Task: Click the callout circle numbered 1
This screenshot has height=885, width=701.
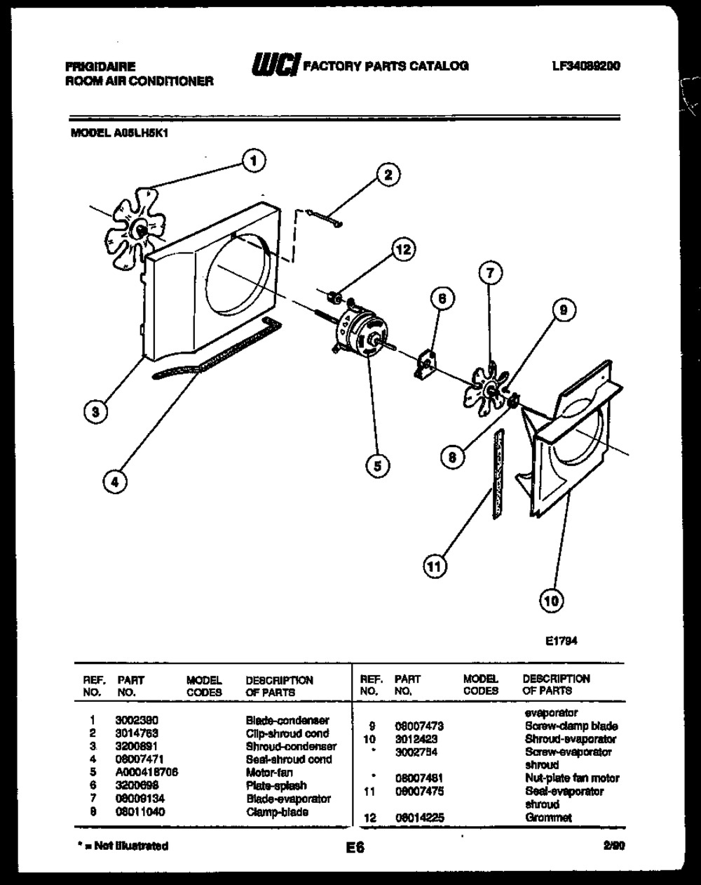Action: tap(253, 161)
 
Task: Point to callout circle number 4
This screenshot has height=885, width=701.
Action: tap(116, 481)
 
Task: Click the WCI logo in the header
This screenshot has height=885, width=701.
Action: tap(275, 65)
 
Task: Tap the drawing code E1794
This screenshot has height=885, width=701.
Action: tap(561, 640)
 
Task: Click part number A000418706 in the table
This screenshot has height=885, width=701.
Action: tap(147, 772)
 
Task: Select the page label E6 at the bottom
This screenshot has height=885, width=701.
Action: tap(355, 847)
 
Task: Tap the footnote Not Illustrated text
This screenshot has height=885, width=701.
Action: tap(127, 846)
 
